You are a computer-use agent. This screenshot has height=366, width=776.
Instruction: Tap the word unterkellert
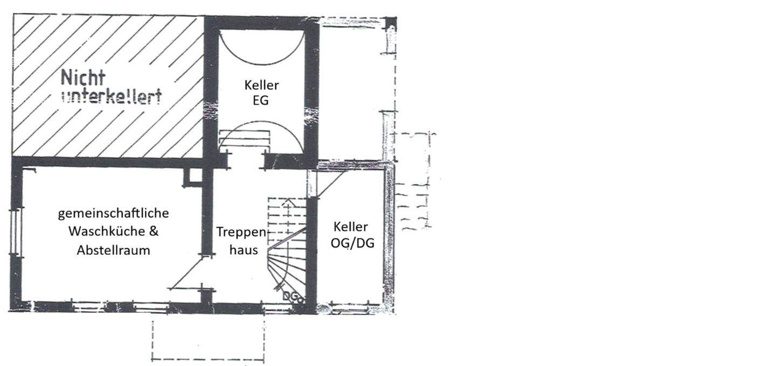[x=112, y=97]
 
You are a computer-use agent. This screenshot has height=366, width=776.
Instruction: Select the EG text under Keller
[x=261, y=100]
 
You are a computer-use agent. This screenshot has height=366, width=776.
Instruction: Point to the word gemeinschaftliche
[x=113, y=213]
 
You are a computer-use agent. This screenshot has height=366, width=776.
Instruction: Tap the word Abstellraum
[x=113, y=250]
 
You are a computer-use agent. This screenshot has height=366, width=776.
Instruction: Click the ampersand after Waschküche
[x=154, y=231]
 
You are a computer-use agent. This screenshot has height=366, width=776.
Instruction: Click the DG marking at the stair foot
[x=290, y=295]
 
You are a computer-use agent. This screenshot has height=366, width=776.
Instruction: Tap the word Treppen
[x=241, y=232]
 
